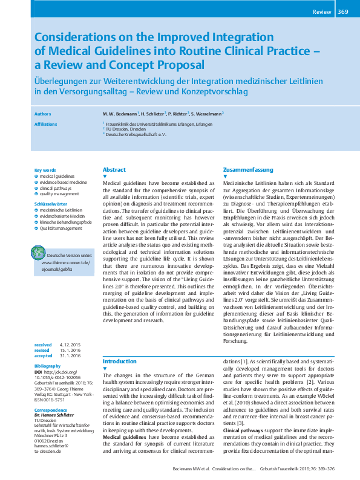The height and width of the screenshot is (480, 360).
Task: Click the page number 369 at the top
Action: pos(342,11)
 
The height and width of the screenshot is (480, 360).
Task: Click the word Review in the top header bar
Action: pos(322,11)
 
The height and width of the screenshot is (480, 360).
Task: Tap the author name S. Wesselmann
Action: pos(206,113)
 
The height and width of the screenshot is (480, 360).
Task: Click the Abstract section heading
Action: pos(114,170)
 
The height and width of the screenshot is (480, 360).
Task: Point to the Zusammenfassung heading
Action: pos(248,170)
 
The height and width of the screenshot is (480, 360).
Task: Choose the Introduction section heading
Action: pos(120,362)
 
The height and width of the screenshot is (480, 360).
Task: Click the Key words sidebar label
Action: pos(45,170)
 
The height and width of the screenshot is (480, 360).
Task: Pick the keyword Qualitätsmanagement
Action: pos(61,229)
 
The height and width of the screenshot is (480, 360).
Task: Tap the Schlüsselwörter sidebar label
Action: pos(50,205)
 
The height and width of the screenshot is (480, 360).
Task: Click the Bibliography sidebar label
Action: pos(48,366)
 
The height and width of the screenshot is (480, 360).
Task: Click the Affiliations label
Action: pos(46,124)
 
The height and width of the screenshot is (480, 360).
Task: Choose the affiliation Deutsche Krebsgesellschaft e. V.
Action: pos(137,134)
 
